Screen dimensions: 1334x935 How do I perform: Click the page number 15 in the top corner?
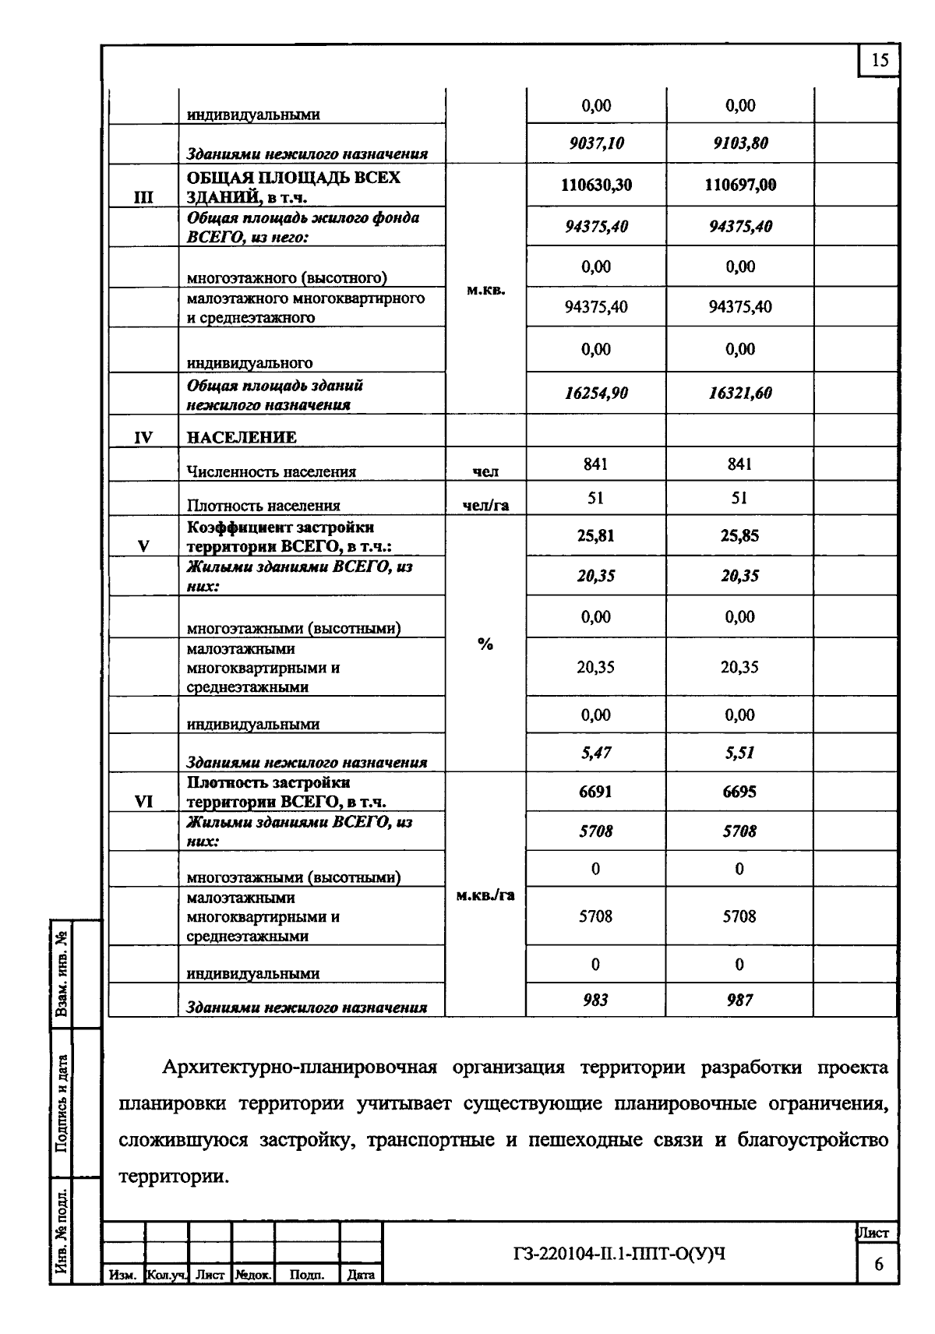pyautogui.click(x=879, y=61)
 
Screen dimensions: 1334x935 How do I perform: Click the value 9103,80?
pyautogui.click(x=739, y=143)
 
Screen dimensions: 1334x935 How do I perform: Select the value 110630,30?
pyautogui.click(x=596, y=185)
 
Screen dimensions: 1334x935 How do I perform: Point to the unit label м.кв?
pyautogui.click(x=485, y=290)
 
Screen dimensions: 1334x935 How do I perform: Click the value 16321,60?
pyautogui.click(x=739, y=393)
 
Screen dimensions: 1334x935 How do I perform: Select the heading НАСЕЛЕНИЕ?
pyautogui.click(x=242, y=437)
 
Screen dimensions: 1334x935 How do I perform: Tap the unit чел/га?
pyautogui.click(x=485, y=505)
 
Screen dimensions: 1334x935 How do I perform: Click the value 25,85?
pyautogui.click(x=739, y=536)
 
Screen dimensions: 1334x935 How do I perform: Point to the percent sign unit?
pyautogui.click(x=485, y=644)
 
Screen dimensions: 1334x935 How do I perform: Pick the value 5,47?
pyautogui.click(x=596, y=753)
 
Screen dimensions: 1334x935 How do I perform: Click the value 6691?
pyautogui.click(x=596, y=792)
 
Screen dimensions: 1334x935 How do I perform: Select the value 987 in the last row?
pyautogui.click(x=739, y=1000)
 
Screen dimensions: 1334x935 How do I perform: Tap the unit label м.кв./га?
pyautogui.click(x=485, y=895)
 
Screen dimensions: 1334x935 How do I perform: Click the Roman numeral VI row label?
pyautogui.click(x=143, y=801)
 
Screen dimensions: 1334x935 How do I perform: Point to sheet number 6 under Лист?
pyautogui.click(x=878, y=1264)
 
